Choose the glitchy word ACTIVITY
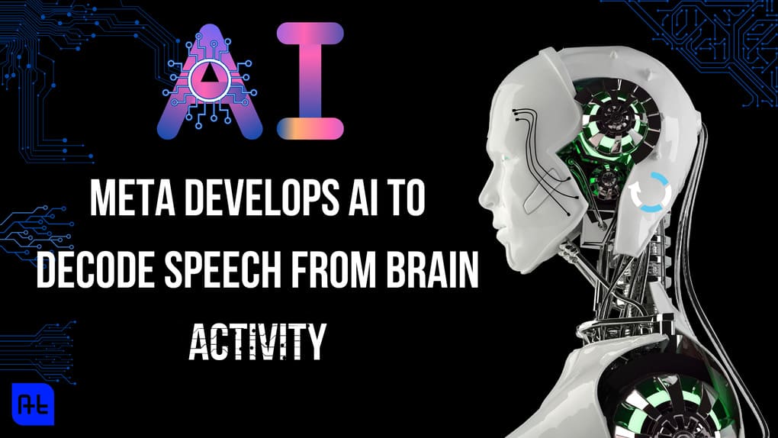[x=257, y=341]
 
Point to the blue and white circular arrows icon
[x=648, y=191]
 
